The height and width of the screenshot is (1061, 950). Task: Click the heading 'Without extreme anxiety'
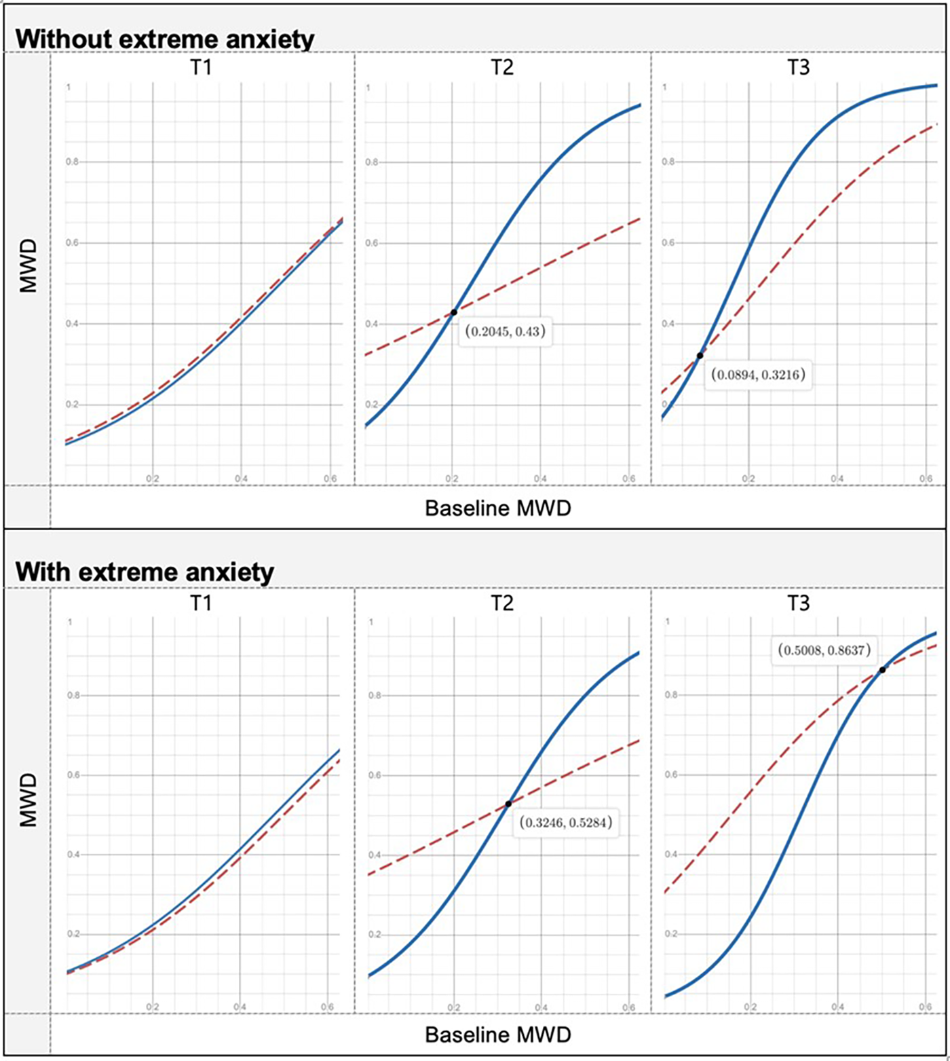pos(165,39)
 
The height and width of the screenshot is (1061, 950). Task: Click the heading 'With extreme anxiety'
pos(145,572)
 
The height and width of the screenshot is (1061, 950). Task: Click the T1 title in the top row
pos(202,68)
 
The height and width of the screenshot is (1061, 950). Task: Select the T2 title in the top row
pos(502,68)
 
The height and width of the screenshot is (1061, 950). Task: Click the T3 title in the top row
pos(798,68)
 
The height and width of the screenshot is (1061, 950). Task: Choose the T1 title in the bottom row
pos(202,603)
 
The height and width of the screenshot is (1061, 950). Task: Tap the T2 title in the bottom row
pos(502,603)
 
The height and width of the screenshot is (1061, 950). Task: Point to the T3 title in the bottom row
pos(798,603)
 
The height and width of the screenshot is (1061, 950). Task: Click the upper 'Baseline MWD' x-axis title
pos(498,508)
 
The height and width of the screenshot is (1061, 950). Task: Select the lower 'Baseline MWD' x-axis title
pos(498,1035)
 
